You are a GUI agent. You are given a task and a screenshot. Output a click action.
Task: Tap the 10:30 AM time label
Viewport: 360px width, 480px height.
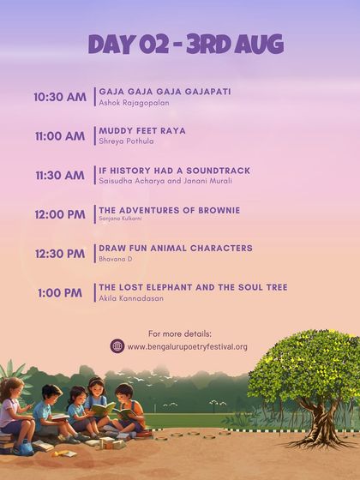(60, 97)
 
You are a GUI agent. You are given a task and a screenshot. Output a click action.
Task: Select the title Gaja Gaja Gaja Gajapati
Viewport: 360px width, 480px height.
(165, 91)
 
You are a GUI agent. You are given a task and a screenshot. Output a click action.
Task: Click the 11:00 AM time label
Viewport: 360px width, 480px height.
(60, 136)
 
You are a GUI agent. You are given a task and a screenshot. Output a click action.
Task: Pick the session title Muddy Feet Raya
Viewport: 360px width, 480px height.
(142, 130)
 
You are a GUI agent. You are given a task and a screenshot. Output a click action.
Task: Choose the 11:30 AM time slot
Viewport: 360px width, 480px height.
(60, 176)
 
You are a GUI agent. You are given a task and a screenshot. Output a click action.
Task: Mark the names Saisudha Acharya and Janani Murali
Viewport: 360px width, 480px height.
(165, 181)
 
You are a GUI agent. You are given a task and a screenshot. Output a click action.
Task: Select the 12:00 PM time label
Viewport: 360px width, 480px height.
(60, 214)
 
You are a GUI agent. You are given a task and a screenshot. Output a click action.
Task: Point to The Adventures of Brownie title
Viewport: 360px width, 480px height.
(169, 210)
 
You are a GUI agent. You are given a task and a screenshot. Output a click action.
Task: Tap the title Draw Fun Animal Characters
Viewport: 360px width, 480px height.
(176, 249)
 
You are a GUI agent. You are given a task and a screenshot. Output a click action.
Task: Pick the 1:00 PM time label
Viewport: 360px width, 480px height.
(60, 293)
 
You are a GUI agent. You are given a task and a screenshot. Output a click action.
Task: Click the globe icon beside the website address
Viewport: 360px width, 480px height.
(117, 346)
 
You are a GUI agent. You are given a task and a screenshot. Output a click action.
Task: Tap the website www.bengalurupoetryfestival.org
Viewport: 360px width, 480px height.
(187, 347)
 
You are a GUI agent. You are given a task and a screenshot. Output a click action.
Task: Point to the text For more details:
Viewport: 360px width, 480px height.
(180, 333)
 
